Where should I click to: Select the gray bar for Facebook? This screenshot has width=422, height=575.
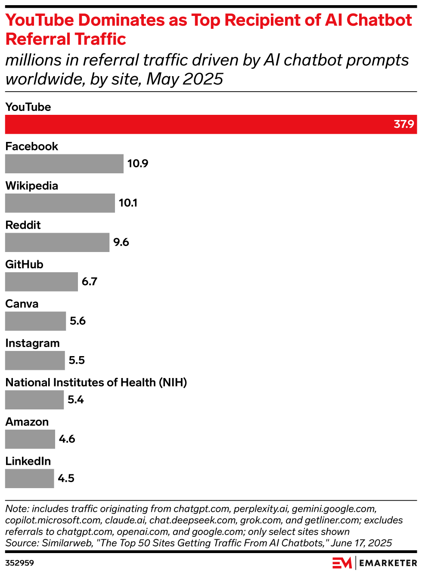point(64,164)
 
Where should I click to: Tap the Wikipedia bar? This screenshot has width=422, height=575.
point(60,203)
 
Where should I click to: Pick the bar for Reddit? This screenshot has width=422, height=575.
point(57,243)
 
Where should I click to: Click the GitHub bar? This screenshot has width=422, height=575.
point(41,282)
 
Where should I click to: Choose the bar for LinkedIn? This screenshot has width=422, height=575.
point(29,479)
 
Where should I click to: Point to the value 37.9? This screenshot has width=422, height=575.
point(403,124)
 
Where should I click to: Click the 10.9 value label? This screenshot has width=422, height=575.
point(138,164)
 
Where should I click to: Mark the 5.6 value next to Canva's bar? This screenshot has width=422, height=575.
point(78,321)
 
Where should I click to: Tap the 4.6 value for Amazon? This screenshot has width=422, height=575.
point(67,439)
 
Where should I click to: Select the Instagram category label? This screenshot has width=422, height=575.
point(32,343)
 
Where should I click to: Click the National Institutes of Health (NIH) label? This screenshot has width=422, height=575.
point(96,382)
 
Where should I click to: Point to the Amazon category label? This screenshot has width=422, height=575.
point(27,422)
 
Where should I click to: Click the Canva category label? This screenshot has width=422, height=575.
point(22,304)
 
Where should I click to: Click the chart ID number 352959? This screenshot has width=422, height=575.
point(19,563)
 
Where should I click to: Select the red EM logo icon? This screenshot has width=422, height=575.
point(342,563)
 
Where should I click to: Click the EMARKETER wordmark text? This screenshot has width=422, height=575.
point(388,563)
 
